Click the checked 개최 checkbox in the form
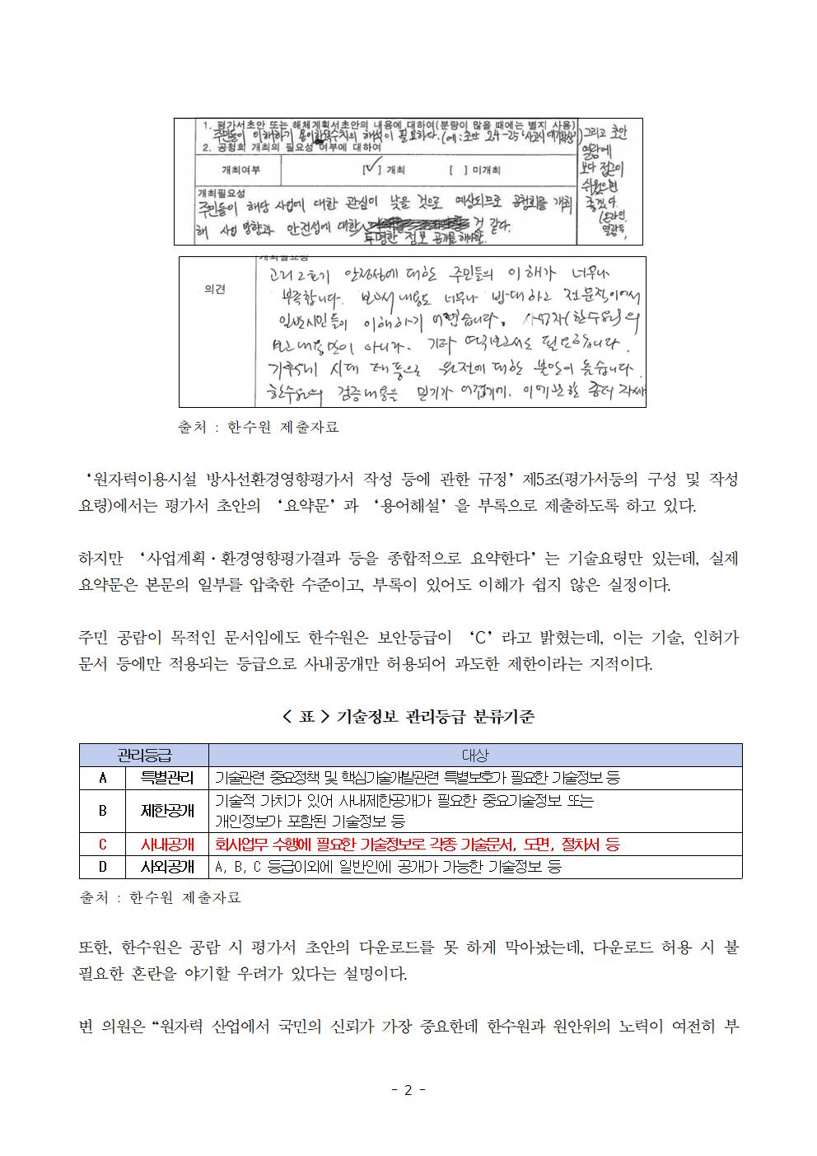click(x=369, y=171)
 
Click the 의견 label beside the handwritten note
click(x=215, y=290)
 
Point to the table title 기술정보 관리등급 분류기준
click(x=408, y=717)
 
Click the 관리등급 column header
click(x=144, y=755)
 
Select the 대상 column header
click(x=474, y=755)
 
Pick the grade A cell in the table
click(x=103, y=777)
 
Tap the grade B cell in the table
click(x=103, y=810)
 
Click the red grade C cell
click(x=103, y=844)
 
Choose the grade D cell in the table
click(x=103, y=867)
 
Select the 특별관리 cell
click(x=167, y=777)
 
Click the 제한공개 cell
click(x=167, y=810)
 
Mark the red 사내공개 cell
click(x=167, y=844)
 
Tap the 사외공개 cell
click(x=167, y=867)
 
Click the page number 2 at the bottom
click(x=408, y=1090)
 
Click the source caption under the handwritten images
click(x=258, y=428)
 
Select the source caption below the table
click(x=160, y=897)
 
